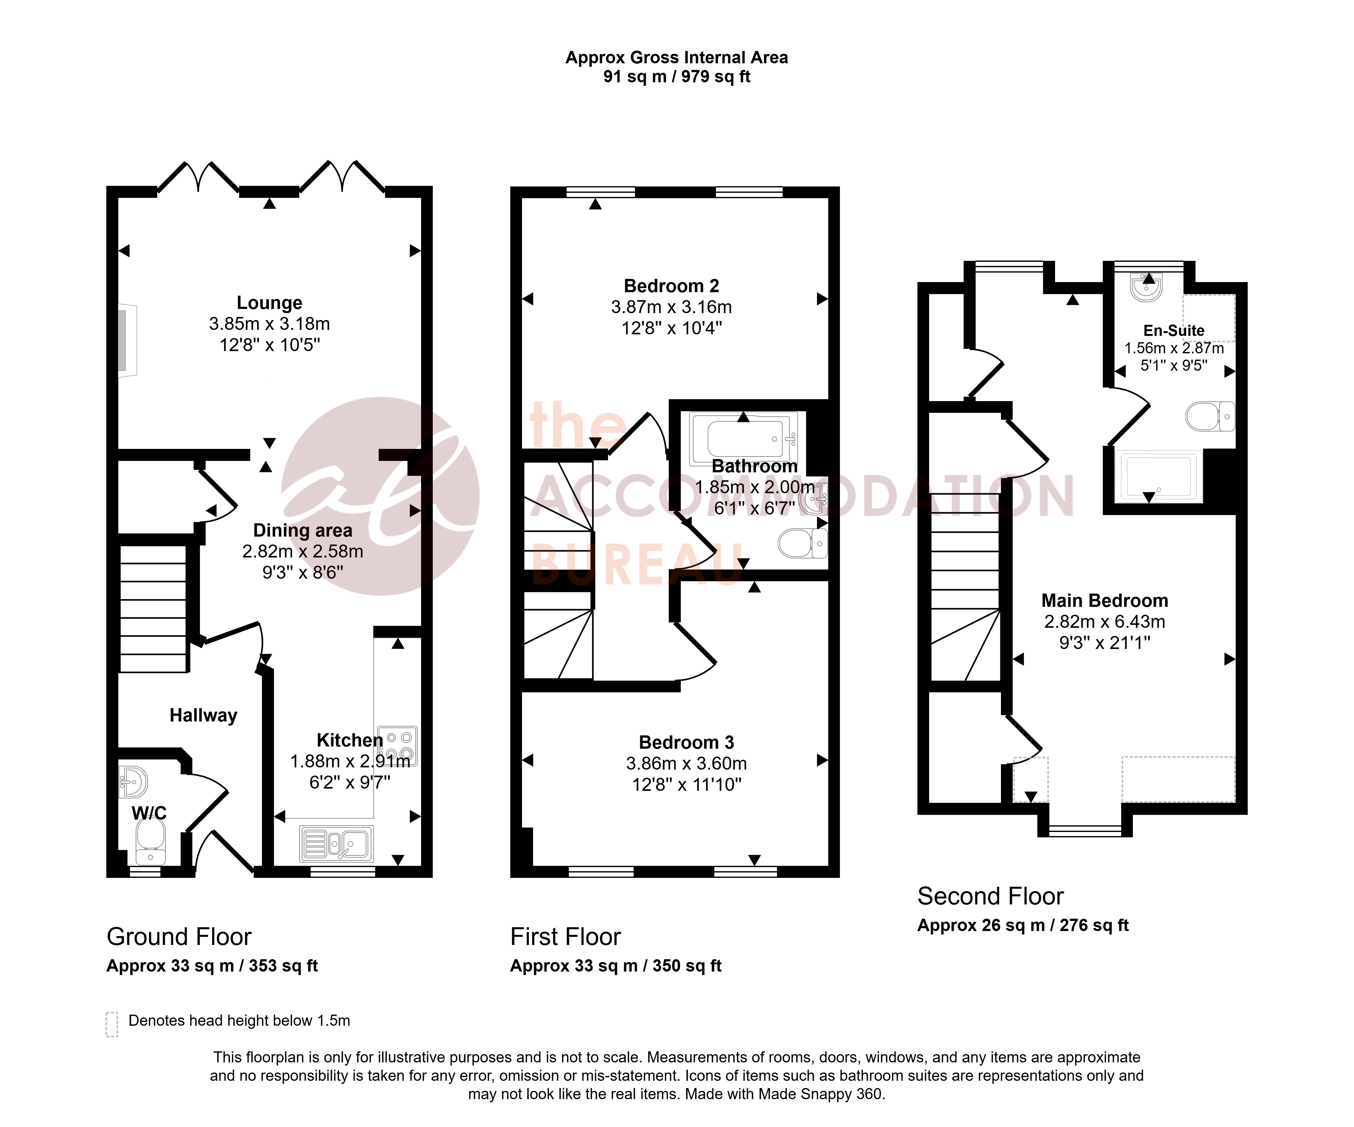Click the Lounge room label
[270, 303]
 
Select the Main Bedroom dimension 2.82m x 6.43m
[1104, 622]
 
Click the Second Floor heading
[991, 896]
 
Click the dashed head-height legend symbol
[112, 1024]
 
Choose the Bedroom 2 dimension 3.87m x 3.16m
[671, 307]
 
